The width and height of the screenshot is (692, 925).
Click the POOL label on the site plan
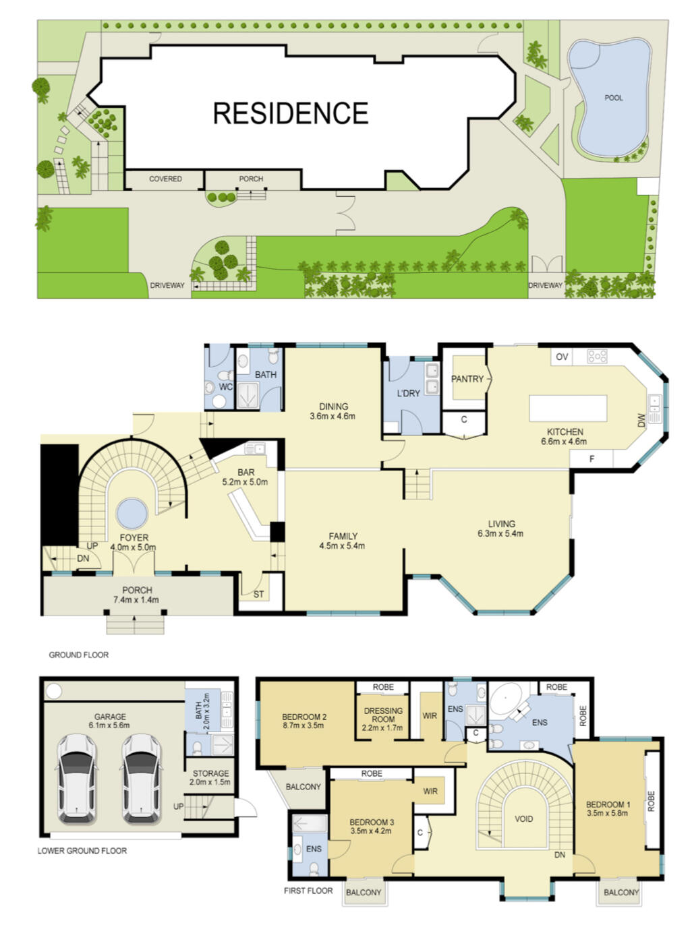point(613,98)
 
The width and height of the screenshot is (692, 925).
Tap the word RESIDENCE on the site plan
point(291,113)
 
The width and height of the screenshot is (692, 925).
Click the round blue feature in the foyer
point(132,514)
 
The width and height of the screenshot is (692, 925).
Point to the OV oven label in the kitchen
point(561,357)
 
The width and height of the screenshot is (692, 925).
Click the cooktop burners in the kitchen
point(597,356)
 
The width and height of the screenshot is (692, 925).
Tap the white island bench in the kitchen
point(568,409)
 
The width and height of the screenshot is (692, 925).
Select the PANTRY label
point(467,379)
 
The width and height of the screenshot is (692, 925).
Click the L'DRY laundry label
point(408,393)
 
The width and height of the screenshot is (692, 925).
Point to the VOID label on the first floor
point(524,818)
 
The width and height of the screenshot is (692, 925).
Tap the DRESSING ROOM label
point(383,715)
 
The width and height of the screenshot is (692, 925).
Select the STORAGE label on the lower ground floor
point(210,773)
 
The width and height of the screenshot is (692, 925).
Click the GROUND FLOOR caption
point(79,655)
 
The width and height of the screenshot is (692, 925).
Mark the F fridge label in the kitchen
point(592,459)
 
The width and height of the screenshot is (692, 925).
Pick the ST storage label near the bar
point(258,594)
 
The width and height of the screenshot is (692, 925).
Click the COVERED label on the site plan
point(165,179)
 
